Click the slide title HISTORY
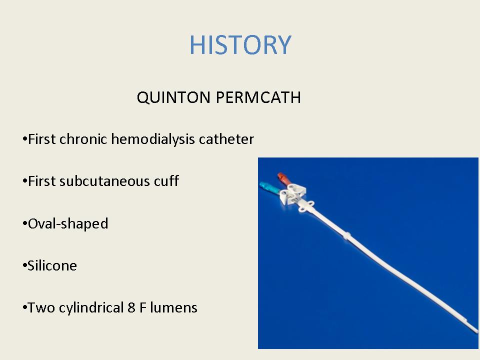click(x=240, y=45)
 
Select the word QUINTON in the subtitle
click(x=173, y=97)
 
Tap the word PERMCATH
click(x=258, y=97)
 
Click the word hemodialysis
click(x=153, y=139)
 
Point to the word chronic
click(x=83, y=139)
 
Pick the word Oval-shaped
click(x=68, y=224)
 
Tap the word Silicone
click(x=52, y=265)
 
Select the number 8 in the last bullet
click(x=131, y=307)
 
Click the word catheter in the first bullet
click(x=226, y=139)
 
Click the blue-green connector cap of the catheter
click(x=269, y=187)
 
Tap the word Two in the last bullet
click(x=41, y=307)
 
